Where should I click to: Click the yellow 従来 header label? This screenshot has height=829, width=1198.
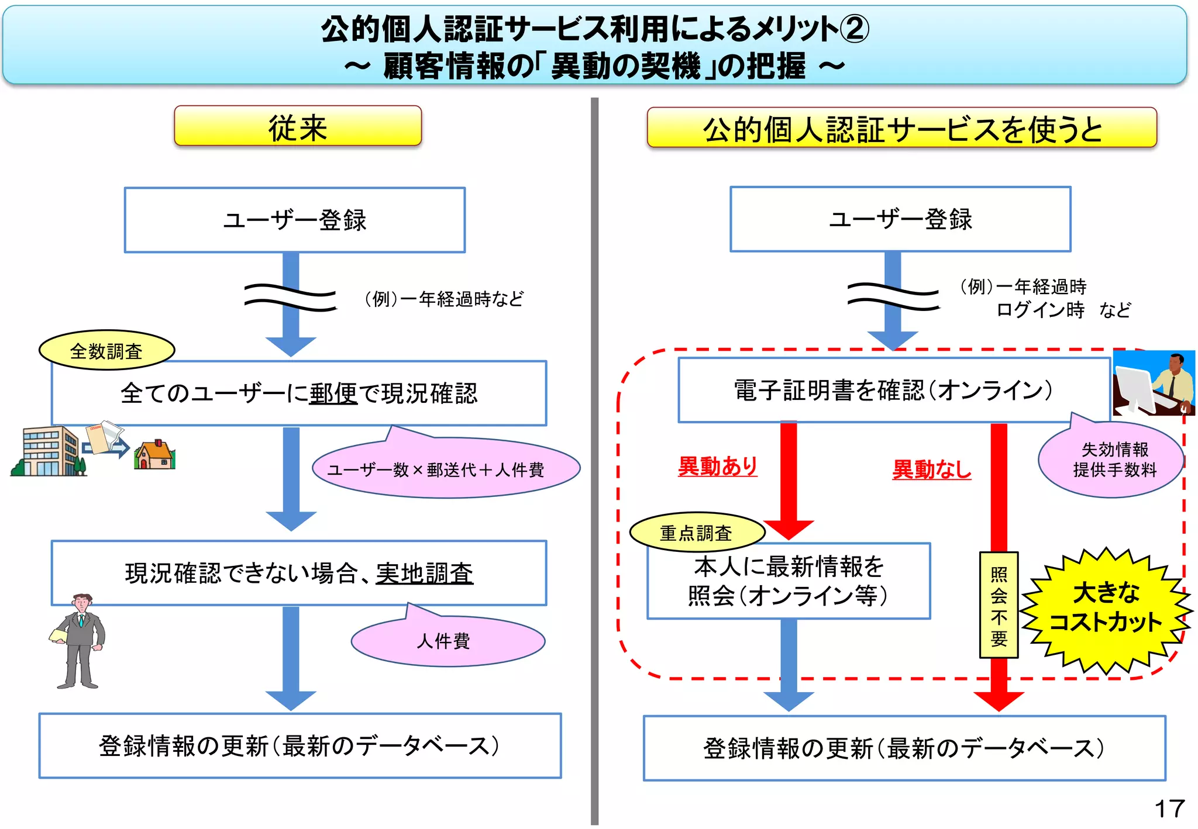(x=298, y=127)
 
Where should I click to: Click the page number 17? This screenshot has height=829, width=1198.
(x=1169, y=809)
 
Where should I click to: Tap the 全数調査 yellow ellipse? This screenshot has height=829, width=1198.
(x=106, y=351)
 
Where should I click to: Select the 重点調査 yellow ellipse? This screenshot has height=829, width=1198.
(x=696, y=533)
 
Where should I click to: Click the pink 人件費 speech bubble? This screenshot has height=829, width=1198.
(x=447, y=641)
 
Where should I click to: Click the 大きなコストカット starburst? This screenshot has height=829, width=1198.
(x=1106, y=609)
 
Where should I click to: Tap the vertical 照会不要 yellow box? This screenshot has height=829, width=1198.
(x=999, y=606)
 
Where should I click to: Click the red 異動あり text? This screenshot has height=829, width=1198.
(x=717, y=467)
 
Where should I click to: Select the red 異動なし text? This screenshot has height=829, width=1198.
(x=931, y=469)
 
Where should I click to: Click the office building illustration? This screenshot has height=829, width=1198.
(x=49, y=452)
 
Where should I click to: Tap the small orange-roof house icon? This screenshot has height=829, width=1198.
(x=154, y=455)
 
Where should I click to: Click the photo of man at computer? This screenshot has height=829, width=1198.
(x=1154, y=383)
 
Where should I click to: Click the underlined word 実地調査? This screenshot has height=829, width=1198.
(x=424, y=574)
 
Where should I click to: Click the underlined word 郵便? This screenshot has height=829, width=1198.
(x=333, y=393)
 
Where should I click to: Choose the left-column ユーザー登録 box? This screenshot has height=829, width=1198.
(x=295, y=220)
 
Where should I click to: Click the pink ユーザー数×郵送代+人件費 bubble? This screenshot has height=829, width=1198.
(x=446, y=469)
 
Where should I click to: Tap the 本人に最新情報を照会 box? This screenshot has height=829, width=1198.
(x=788, y=581)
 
